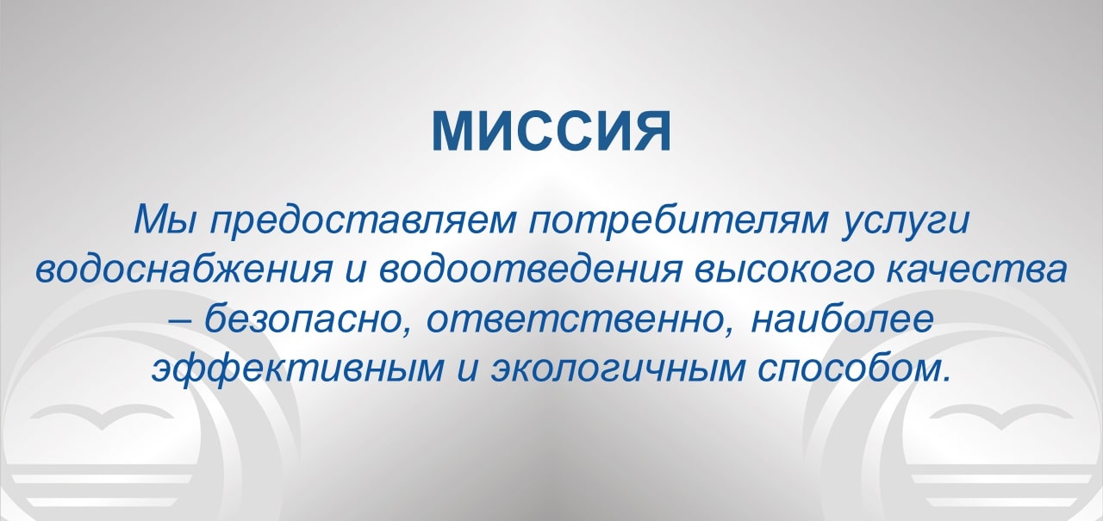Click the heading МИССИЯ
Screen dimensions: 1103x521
pos(551,131)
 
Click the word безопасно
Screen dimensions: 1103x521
pos(307,318)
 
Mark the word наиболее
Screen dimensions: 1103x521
pos(842,318)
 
